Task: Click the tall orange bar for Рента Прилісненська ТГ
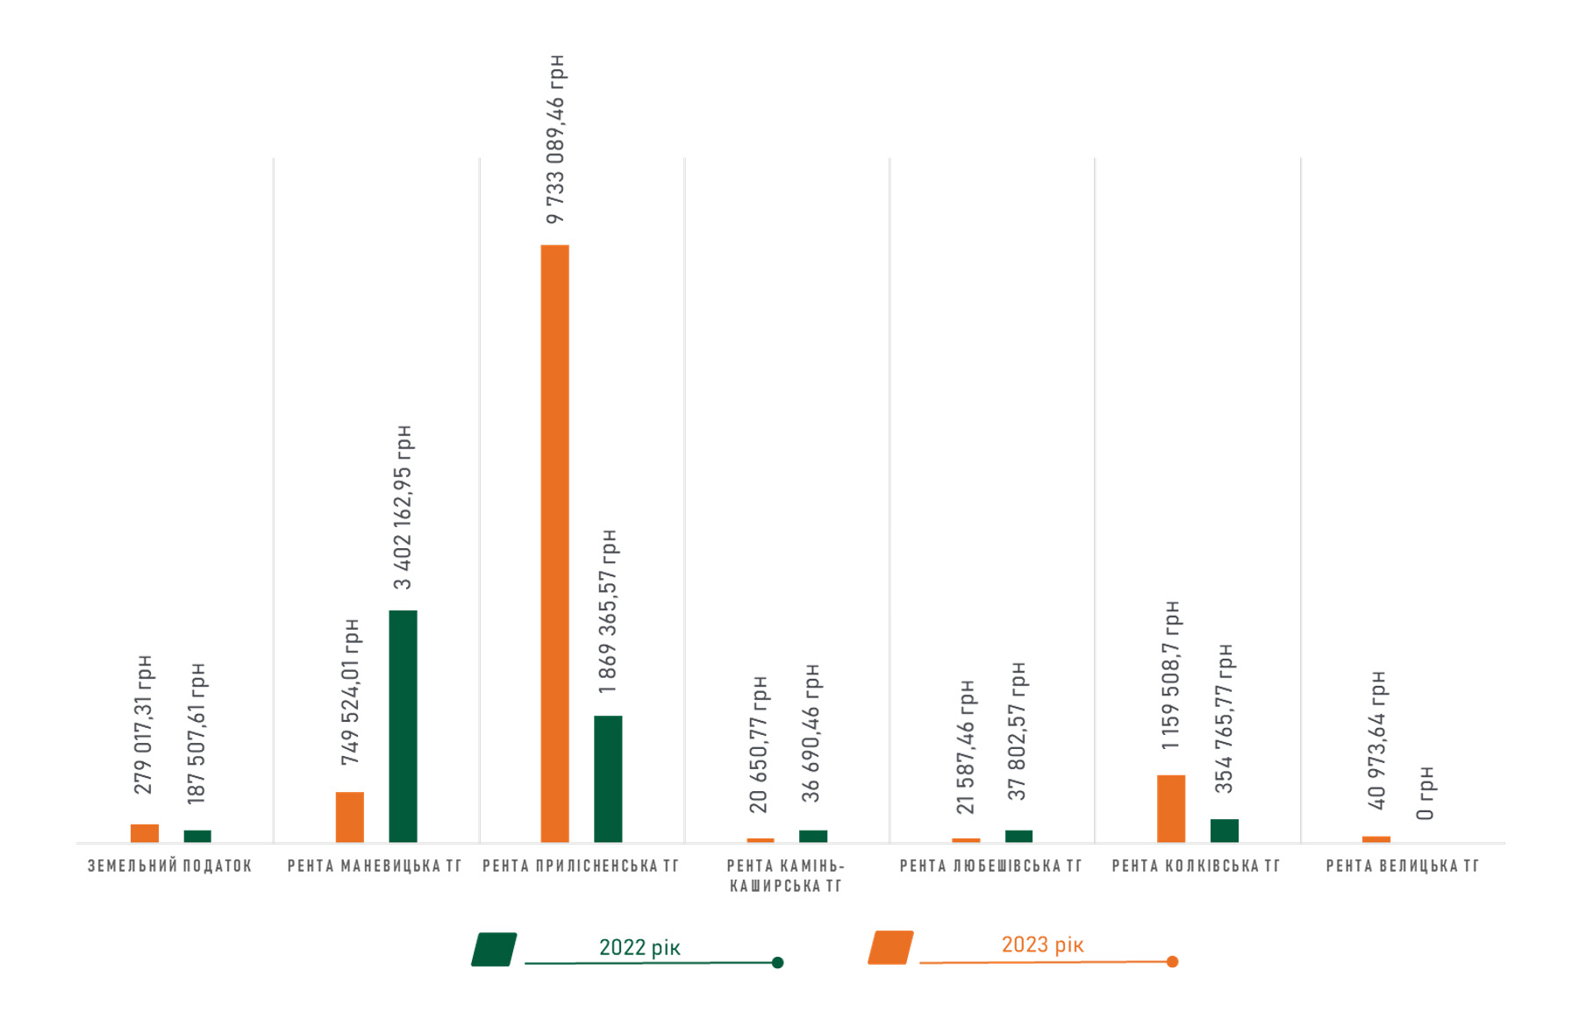(554, 543)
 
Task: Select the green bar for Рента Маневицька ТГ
(403, 726)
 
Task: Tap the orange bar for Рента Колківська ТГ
(1171, 809)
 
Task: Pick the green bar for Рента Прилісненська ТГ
(608, 779)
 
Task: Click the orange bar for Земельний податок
(145, 833)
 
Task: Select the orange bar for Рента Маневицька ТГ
(350, 817)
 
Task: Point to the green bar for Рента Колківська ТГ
(1225, 831)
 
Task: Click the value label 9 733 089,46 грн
(555, 139)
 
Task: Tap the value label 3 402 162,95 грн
(403, 507)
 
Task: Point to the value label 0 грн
(1426, 793)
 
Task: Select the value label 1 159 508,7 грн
(1171, 674)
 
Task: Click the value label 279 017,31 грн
(144, 724)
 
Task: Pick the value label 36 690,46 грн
(812, 732)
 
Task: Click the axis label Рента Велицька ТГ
(1402, 867)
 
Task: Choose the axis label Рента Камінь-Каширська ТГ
(785, 876)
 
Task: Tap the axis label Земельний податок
(170, 867)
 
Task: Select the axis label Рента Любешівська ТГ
(990, 867)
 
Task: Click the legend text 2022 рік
(639, 947)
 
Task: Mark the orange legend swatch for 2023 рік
(890, 948)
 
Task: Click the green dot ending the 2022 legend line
(777, 963)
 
